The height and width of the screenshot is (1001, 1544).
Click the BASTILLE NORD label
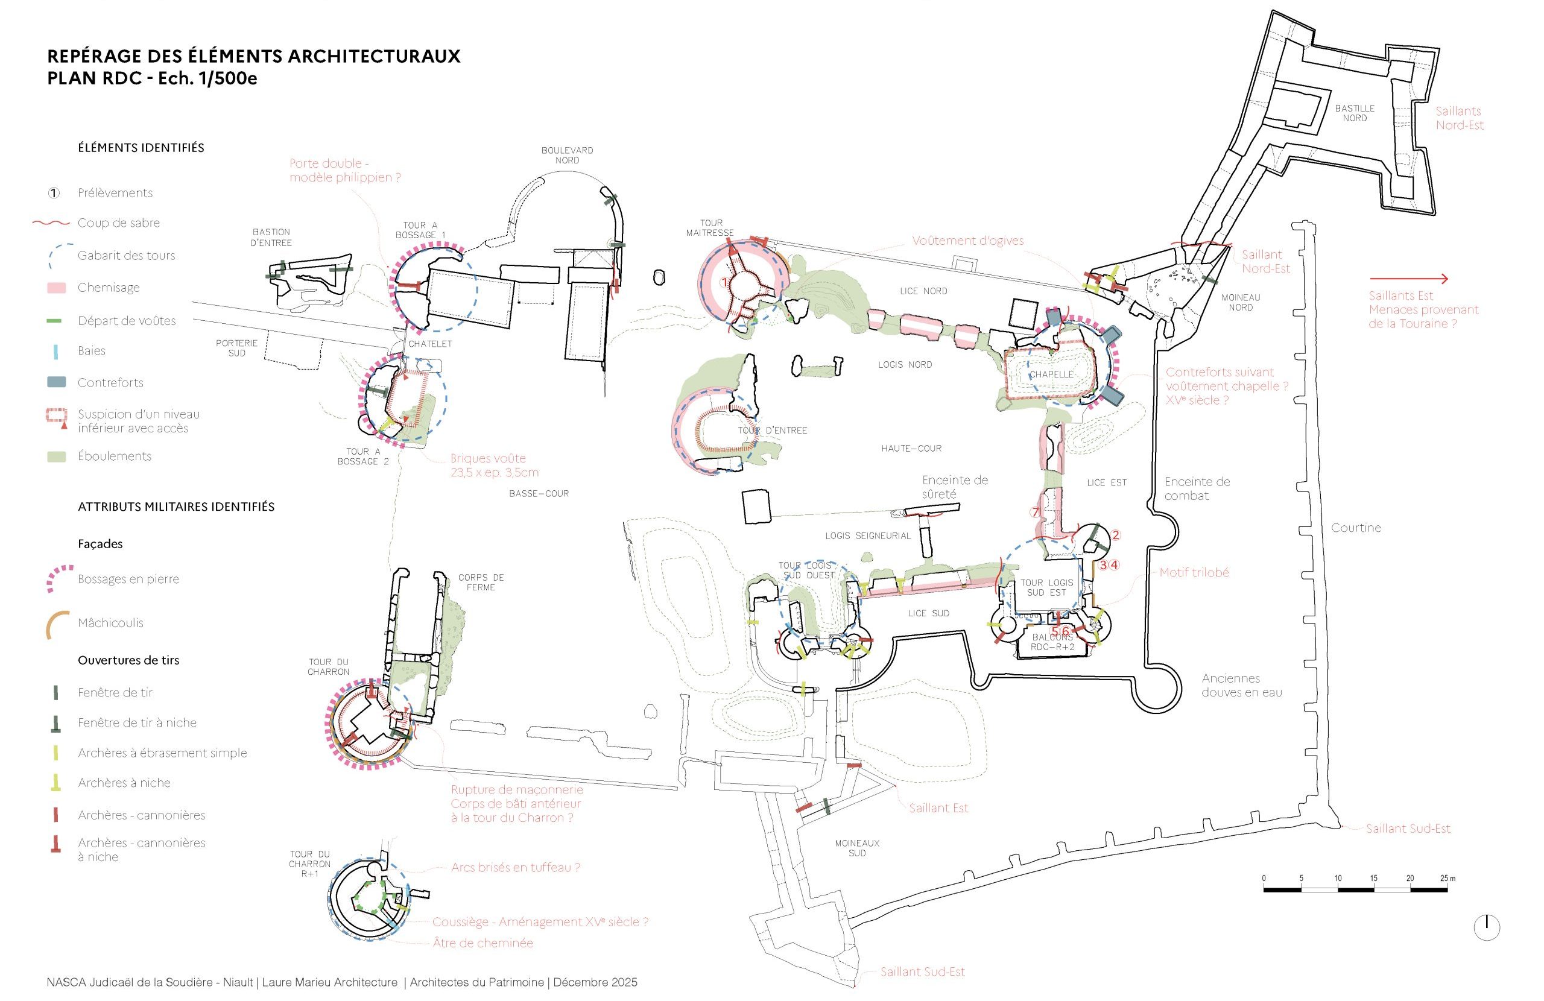coord(1355,113)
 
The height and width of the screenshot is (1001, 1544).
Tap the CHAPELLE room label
coord(1051,374)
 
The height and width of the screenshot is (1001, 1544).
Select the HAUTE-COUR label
coord(911,448)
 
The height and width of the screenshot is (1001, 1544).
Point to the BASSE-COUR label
coord(539,494)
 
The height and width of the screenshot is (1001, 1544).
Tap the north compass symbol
coord(1486,927)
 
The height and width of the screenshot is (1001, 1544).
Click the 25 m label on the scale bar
coord(1447,879)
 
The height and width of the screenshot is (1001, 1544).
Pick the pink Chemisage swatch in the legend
coord(57,288)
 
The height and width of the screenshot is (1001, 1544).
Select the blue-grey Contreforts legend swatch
coord(57,383)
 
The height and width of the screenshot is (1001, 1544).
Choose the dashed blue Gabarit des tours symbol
coord(57,257)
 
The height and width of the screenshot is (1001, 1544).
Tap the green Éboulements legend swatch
coord(57,456)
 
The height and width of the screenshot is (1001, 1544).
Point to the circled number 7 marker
coord(1036,512)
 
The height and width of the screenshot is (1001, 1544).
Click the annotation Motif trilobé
coord(1194,573)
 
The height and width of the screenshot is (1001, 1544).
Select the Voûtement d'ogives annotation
coord(967,241)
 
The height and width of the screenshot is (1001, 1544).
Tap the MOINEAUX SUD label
coord(857,848)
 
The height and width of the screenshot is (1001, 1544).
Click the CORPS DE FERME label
coord(480,582)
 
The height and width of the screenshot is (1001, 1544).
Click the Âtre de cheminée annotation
coord(482,943)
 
